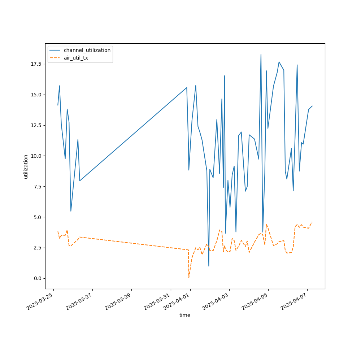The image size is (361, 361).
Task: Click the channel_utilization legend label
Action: click(x=87, y=50)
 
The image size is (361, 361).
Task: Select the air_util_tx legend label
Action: click(x=76, y=58)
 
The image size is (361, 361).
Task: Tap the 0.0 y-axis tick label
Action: click(x=38, y=278)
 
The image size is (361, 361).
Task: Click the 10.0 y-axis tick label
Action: click(x=36, y=156)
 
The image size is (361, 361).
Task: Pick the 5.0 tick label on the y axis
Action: click(x=38, y=217)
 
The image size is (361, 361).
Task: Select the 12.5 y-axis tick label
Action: click(x=36, y=125)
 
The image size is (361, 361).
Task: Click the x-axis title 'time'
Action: click(x=185, y=315)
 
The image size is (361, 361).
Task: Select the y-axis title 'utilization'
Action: click(x=26, y=166)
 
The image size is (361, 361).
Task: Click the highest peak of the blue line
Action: click(x=261, y=55)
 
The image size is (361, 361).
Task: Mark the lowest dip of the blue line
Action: click(x=209, y=266)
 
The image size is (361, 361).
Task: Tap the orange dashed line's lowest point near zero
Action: click(x=189, y=277)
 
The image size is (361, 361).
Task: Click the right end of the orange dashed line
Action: click(x=312, y=222)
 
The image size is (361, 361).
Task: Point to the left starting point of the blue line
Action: click(x=58, y=105)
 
